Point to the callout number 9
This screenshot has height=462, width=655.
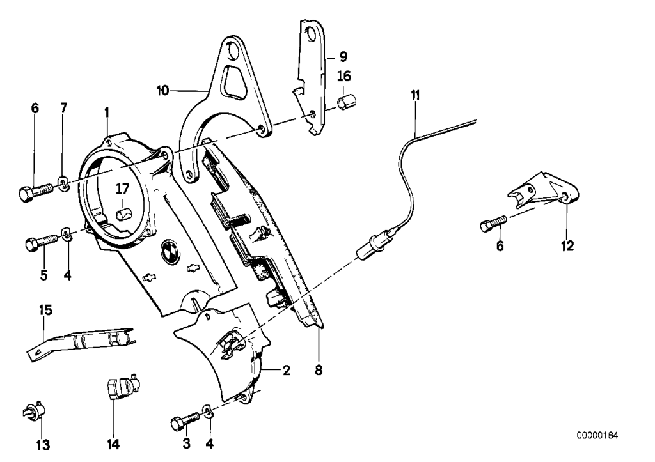[343, 56]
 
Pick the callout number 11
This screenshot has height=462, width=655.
[416, 96]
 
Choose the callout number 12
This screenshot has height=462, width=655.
[567, 244]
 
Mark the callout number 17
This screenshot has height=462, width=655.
[122, 189]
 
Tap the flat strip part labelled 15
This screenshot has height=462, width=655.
[83, 339]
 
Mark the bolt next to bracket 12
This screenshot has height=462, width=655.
[493, 224]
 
